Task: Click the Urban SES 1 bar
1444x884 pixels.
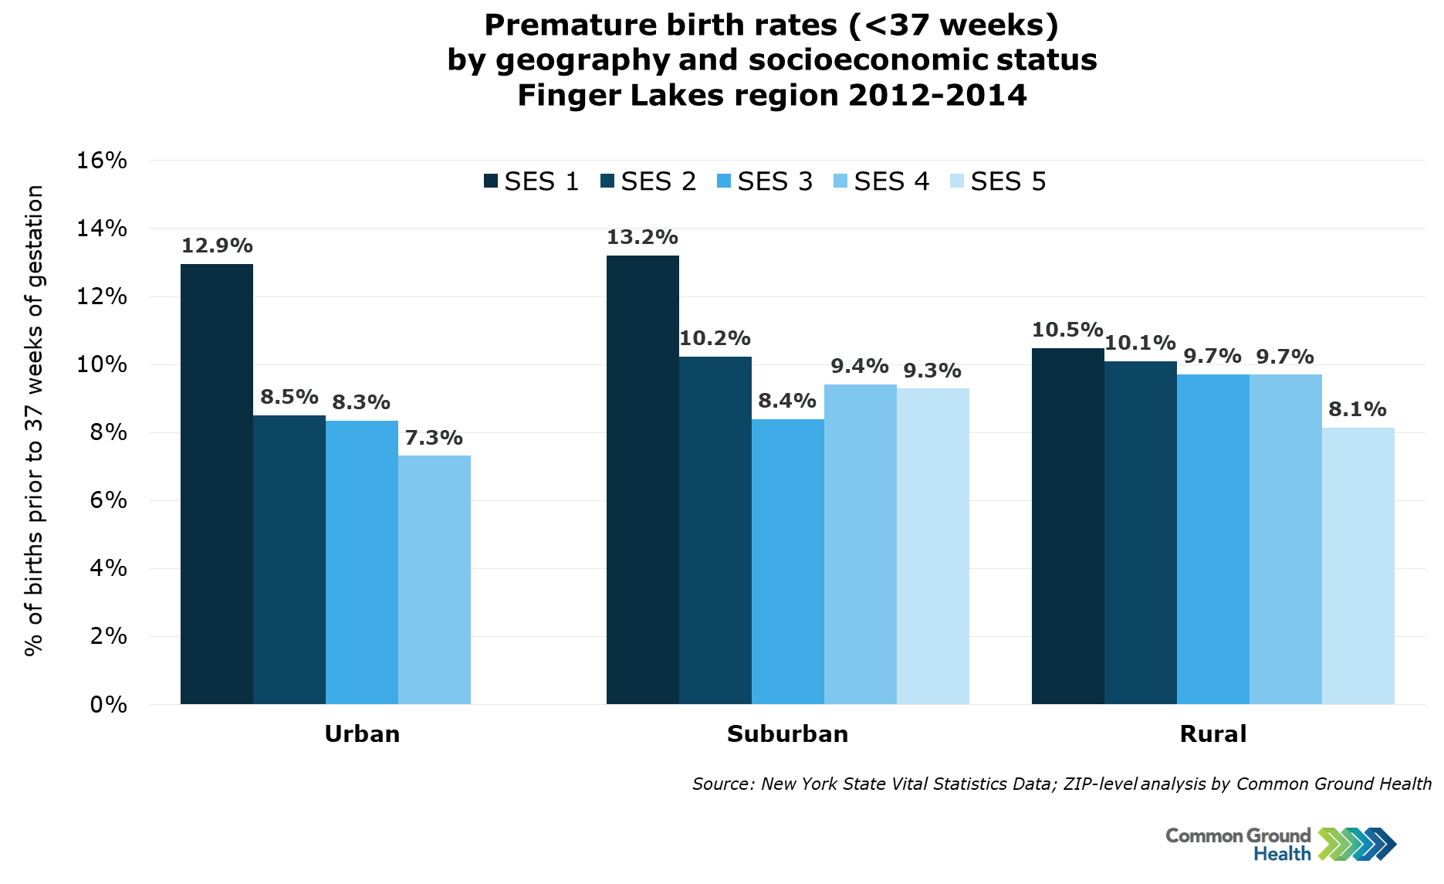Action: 217,484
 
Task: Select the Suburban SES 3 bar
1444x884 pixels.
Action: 788,561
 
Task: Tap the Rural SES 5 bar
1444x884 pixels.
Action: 1358,566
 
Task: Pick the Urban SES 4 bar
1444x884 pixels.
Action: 435,580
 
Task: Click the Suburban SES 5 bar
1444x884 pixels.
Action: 933,546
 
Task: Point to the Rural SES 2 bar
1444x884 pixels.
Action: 1141,533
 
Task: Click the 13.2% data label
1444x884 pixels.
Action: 642,237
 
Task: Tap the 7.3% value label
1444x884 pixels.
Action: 434,438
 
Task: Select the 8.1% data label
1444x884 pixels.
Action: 1358,409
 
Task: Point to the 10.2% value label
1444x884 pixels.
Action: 715,338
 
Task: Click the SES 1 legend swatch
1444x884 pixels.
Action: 490,181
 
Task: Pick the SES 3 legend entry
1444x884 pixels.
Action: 765,181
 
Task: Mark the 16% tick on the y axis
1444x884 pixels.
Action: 101,161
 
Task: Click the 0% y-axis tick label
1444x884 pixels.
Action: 109,704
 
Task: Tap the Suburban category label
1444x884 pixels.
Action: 788,733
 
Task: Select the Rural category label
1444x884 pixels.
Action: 1213,733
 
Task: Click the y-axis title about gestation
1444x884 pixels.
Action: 34,422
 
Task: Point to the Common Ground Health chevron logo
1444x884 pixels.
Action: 1358,844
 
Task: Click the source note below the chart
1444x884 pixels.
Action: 1062,784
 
